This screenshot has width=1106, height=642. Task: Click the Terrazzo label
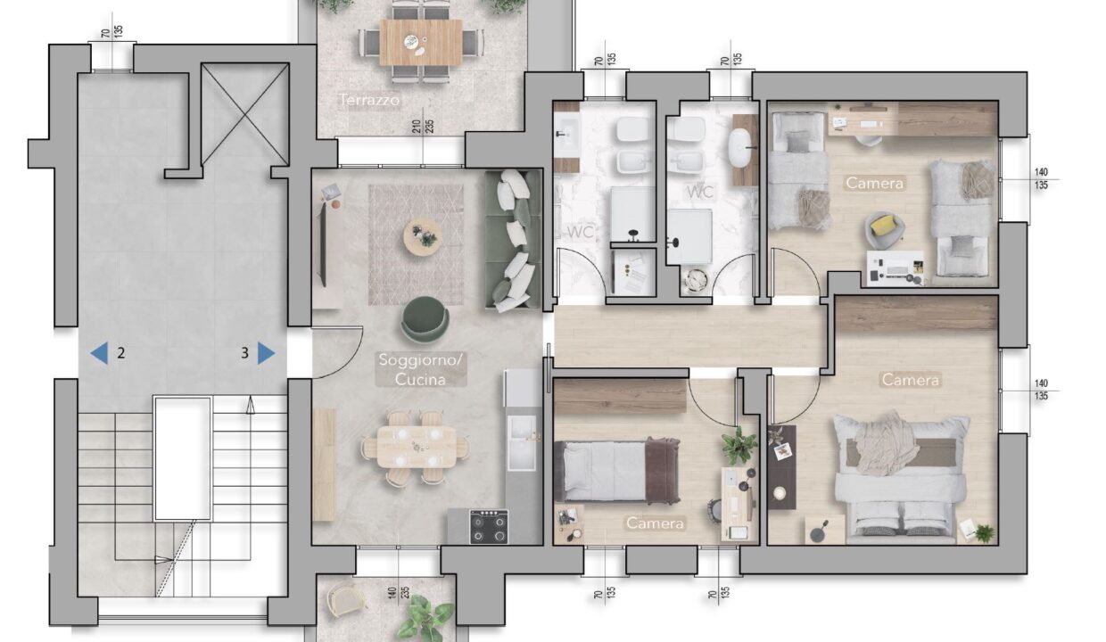[369, 100]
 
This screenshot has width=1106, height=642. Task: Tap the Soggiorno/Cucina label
[420, 369]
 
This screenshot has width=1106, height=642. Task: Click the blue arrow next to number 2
[99, 353]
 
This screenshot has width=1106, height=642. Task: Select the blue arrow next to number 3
[266, 353]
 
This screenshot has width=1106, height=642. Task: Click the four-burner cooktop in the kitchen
[489, 526]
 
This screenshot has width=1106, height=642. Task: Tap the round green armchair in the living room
[425, 319]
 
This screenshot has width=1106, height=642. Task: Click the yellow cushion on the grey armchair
[883, 225]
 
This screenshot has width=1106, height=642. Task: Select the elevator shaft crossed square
[245, 114]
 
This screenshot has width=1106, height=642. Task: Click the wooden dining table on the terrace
[421, 43]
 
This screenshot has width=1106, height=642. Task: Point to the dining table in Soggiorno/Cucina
[417, 447]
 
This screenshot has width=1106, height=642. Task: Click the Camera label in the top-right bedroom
[875, 183]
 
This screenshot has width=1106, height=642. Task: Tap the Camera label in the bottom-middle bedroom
[656, 523]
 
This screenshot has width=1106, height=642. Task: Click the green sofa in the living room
[513, 241]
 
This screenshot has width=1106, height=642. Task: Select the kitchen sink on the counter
[522, 442]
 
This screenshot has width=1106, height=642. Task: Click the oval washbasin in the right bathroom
[740, 145]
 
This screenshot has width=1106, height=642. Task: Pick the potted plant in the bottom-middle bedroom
[739, 446]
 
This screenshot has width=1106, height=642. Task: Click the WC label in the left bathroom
[581, 232]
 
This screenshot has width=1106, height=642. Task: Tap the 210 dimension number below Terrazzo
[417, 127]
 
